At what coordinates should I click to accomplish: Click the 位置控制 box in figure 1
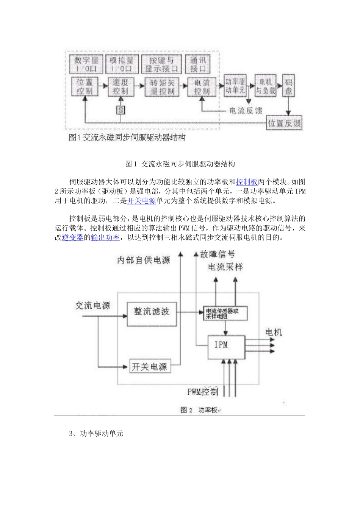pyautogui.click(x=85, y=87)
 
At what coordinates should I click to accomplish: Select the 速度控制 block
pyautogui.click(x=121, y=87)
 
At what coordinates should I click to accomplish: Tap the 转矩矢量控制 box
pyautogui.click(x=162, y=87)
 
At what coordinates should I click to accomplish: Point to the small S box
pyautogui.click(x=121, y=110)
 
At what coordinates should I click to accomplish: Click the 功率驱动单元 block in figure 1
pyautogui.click(x=235, y=86)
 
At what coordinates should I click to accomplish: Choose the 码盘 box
pyautogui.click(x=289, y=86)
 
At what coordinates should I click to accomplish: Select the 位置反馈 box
pyautogui.click(x=285, y=123)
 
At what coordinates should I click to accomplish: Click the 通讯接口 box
pyautogui.click(x=199, y=64)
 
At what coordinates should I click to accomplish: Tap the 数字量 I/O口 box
pyautogui.click(x=86, y=64)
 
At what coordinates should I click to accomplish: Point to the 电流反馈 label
pyautogui.click(x=246, y=111)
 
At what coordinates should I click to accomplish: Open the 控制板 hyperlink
pyautogui.click(x=247, y=182)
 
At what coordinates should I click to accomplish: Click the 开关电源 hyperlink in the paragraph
pyautogui.click(x=141, y=201)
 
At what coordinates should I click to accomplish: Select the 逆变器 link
pyautogui.click(x=72, y=237)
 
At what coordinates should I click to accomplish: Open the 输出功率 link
pyautogui.click(x=105, y=237)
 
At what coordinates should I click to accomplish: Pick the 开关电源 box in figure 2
pyautogui.click(x=149, y=366)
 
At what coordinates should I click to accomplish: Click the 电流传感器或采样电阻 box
pyautogui.click(x=225, y=313)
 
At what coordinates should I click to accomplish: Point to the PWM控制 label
pyautogui.click(x=203, y=392)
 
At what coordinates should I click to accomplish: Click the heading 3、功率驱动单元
pyautogui.click(x=96, y=434)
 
